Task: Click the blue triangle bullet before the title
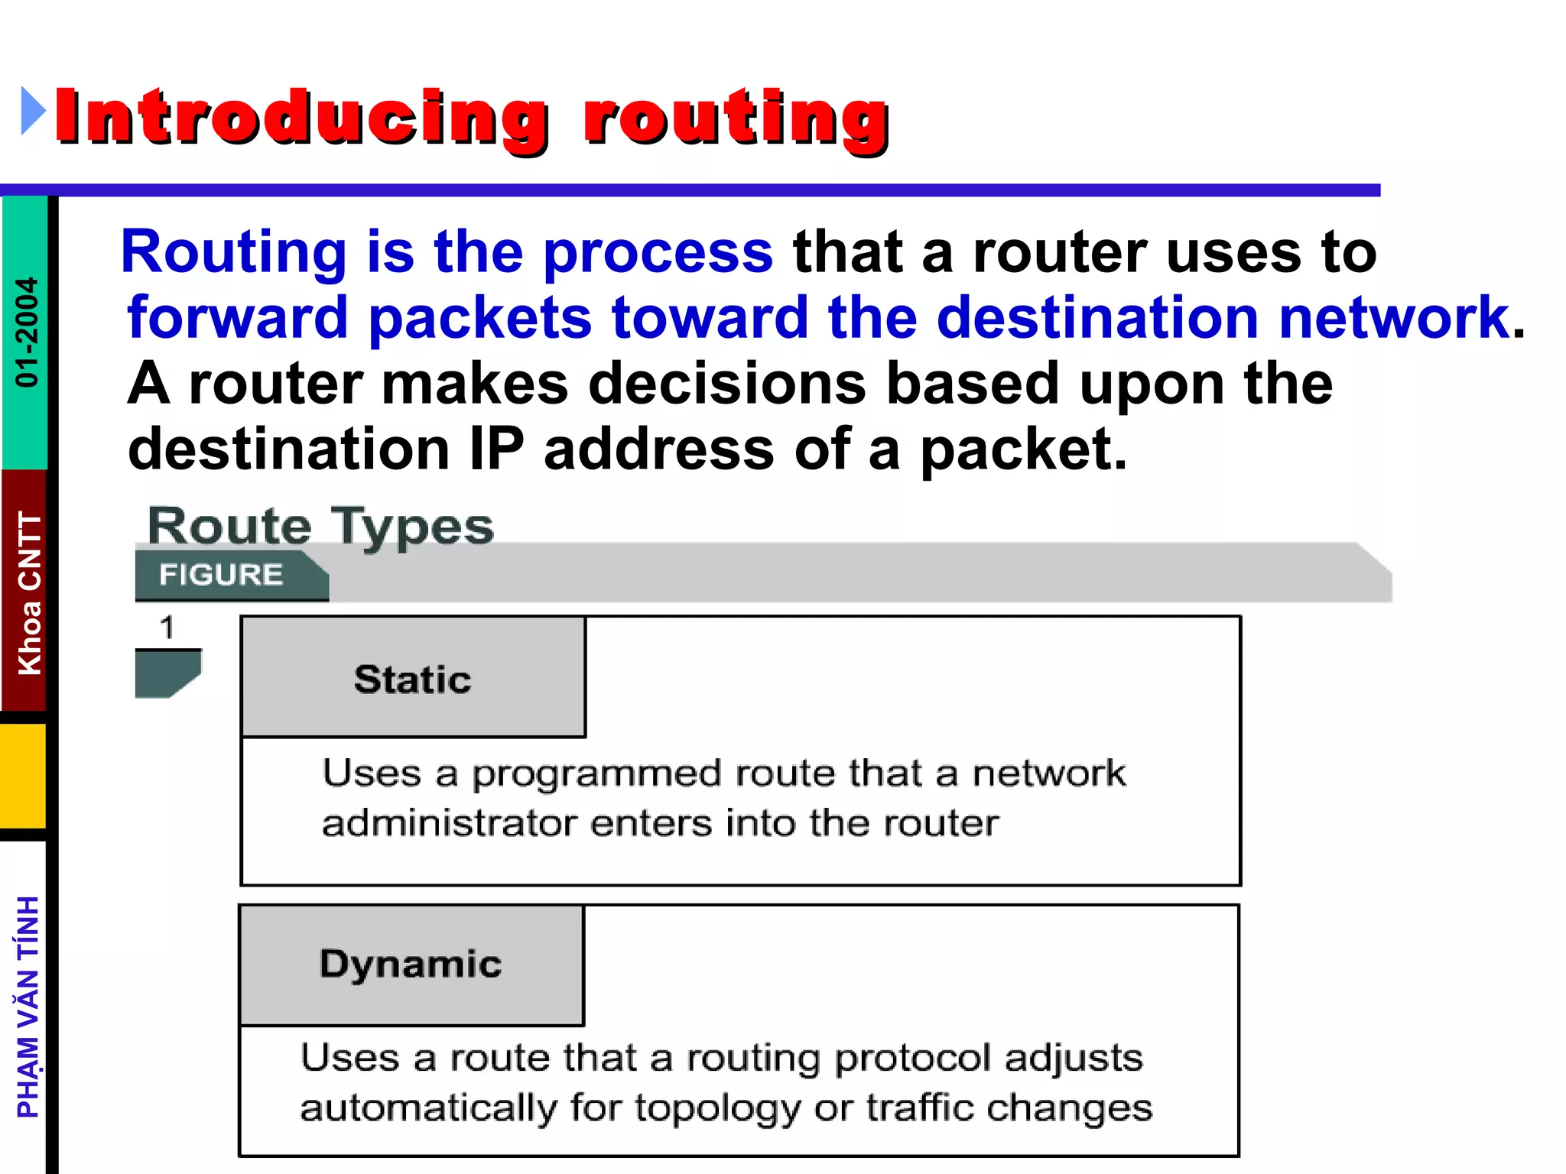pos(33,111)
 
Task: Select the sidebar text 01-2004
pos(27,332)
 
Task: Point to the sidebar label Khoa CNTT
pos(29,593)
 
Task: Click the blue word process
pos(658,251)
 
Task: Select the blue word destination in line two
pos(1097,317)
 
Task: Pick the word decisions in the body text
pos(726,383)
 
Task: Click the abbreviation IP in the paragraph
pos(496,449)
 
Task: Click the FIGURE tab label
pos(221,574)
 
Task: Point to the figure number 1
pos(167,628)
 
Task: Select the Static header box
pos(413,678)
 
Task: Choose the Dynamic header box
pos(411,964)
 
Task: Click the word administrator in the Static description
pos(449,823)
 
